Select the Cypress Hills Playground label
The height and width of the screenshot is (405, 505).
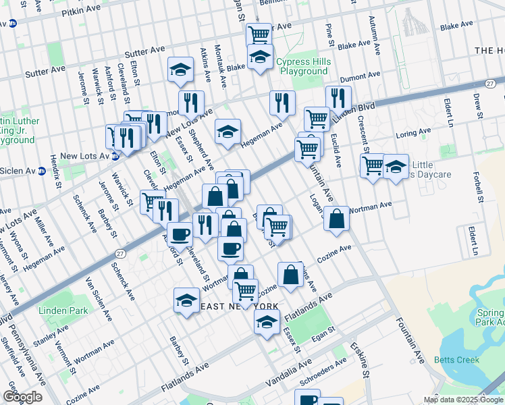tap(303, 66)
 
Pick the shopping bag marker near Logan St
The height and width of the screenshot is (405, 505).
tap(336, 219)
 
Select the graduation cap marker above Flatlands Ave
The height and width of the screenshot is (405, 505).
tap(267, 321)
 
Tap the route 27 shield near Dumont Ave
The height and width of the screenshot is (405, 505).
tap(491, 82)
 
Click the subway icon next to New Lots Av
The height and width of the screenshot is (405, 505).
tap(115, 156)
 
